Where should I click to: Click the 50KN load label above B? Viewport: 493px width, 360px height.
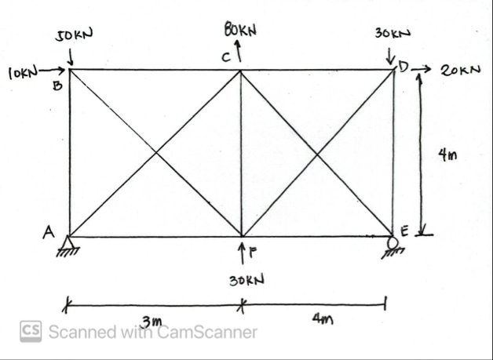click(74, 35)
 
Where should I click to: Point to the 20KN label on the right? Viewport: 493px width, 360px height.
click(458, 71)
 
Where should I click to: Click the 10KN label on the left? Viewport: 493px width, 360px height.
click(22, 74)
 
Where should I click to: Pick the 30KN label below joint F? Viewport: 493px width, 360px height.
click(243, 280)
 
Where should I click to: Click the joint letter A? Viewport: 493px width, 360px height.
click(49, 231)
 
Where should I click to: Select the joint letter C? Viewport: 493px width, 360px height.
click(225, 57)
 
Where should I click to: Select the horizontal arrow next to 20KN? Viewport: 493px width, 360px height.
click(424, 71)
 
